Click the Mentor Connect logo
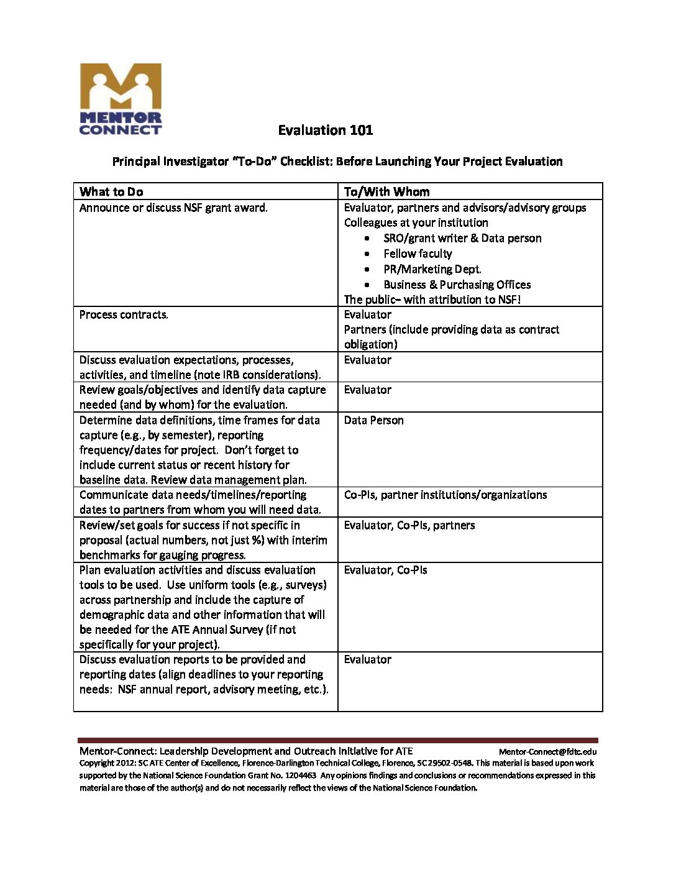click(121, 99)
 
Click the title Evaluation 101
click(325, 131)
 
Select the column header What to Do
click(111, 191)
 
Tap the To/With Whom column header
click(386, 191)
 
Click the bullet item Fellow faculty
click(418, 254)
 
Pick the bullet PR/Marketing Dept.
click(432, 269)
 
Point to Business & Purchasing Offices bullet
click(457, 285)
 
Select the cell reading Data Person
click(373, 421)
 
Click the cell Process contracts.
click(124, 314)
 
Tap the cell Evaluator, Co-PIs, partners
click(409, 525)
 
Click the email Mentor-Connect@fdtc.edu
click(547, 752)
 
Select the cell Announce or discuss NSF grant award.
click(173, 208)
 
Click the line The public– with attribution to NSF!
click(432, 300)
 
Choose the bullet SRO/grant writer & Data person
click(462, 238)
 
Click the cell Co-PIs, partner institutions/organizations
click(445, 495)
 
